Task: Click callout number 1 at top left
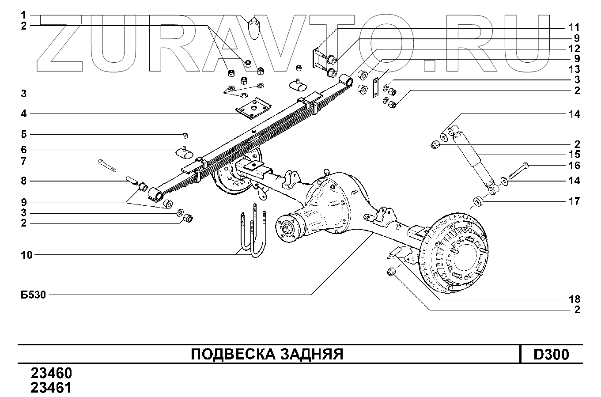pos(23,15)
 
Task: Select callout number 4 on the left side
pos(24,114)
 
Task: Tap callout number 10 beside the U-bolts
pos(26,255)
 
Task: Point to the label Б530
pos(34,295)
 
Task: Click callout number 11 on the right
pos(574,27)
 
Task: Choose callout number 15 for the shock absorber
pos(575,155)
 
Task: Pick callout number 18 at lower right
pos(575,299)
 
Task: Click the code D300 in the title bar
pos(552,355)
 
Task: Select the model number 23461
pos(51,388)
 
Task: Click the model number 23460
pos(51,373)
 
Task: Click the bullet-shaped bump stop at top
pos(254,28)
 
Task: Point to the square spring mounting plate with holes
pos(253,108)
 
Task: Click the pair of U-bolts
pos(253,231)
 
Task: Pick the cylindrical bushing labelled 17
pos(478,201)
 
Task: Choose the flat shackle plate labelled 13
pos(375,88)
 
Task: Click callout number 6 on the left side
pos(24,150)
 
